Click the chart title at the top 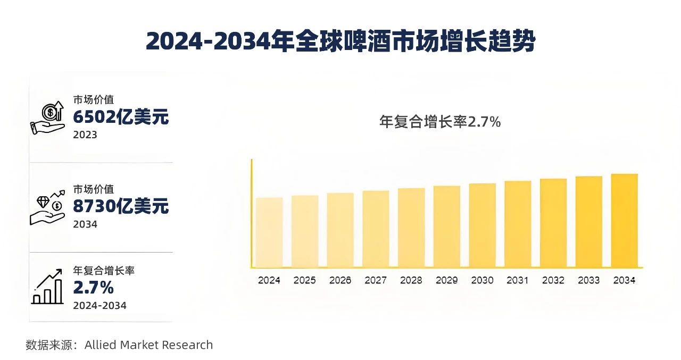340,41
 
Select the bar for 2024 269,232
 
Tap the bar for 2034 624,221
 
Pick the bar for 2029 447,227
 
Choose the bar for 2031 518,224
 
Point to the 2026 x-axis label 340,280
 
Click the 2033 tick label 588,280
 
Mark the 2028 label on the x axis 411,280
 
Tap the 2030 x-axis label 482,280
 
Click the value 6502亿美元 121,116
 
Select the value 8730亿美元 121,206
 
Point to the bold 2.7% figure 94,288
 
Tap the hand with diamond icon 47,208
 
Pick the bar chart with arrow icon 47,288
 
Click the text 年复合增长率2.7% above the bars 440,122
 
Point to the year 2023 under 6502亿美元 85,135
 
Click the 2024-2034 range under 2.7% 99,305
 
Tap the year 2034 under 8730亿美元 85,224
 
